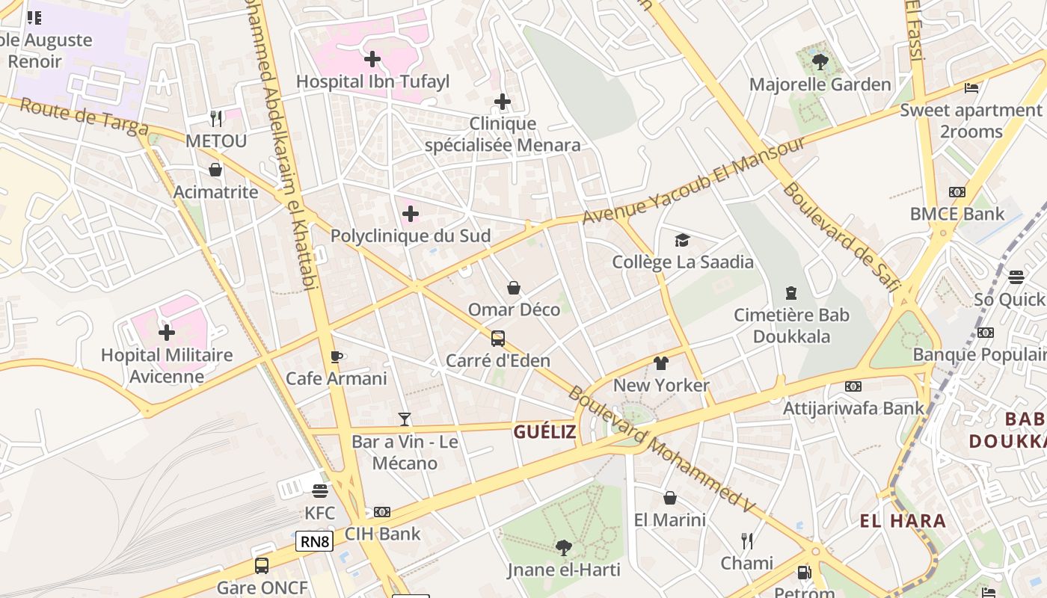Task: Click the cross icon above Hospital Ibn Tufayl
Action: [x=372, y=59]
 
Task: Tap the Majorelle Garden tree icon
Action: [x=820, y=62]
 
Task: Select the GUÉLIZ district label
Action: [x=544, y=431]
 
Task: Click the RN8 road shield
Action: [x=314, y=542]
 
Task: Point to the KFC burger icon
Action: [x=320, y=491]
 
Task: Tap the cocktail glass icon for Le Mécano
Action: [x=405, y=419]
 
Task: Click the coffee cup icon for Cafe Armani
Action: [x=337, y=357]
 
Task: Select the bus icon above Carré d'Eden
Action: [x=498, y=339]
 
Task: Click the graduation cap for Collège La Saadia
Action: [x=682, y=240]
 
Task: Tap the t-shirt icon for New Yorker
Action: [x=661, y=363]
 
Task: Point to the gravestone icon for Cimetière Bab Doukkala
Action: [x=791, y=293]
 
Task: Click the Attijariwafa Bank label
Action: [x=853, y=408]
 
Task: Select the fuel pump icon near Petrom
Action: [x=804, y=573]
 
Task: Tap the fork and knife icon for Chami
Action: [x=746, y=540]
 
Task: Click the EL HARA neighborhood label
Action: [x=903, y=521]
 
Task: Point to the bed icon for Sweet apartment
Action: [x=971, y=88]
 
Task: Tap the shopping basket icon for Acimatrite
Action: [x=215, y=170]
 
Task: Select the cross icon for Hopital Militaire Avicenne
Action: [x=167, y=332]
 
